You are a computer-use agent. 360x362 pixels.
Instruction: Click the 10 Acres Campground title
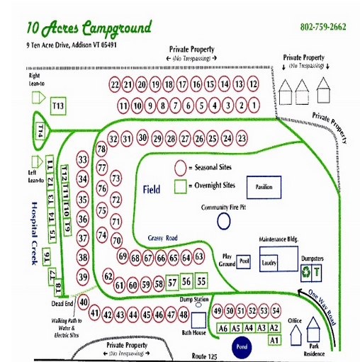click(x=89, y=28)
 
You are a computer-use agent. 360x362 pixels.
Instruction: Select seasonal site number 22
click(x=116, y=84)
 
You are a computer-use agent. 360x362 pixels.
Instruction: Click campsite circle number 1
click(x=255, y=106)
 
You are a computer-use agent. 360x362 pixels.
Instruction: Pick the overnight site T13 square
click(x=59, y=106)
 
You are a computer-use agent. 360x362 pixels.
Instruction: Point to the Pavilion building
click(x=264, y=187)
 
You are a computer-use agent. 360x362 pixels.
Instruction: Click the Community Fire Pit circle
click(x=223, y=221)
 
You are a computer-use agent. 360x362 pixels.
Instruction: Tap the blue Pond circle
click(x=241, y=347)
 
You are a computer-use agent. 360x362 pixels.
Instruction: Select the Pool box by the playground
click(x=244, y=261)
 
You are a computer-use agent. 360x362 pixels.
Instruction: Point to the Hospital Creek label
click(x=32, y=234)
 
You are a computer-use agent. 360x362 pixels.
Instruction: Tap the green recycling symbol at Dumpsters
click(x=305, y=271)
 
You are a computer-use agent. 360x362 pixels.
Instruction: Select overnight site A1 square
click(x=276, y=341)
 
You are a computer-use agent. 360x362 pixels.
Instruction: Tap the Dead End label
click(x=62, y=304)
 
